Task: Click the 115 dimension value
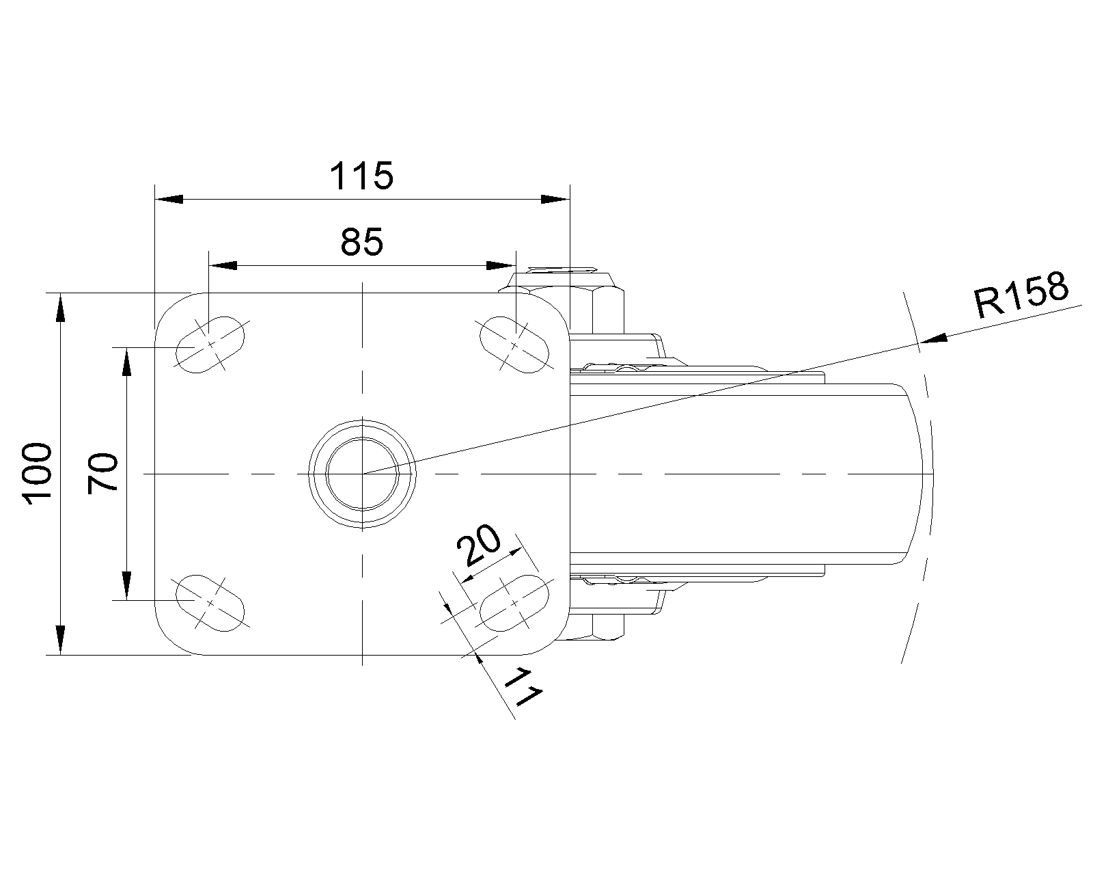361,176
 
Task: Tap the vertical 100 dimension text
37,474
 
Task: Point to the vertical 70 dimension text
102,473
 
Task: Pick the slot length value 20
478,545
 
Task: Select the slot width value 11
523,688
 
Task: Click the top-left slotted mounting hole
210,345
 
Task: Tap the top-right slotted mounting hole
514,345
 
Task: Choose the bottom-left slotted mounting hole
210,603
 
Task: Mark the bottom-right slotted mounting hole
514,603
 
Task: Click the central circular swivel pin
362,474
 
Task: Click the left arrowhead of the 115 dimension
169,200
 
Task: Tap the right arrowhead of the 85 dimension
501,265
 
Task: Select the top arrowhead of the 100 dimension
60,308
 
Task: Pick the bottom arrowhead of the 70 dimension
127,587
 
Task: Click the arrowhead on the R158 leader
934,338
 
